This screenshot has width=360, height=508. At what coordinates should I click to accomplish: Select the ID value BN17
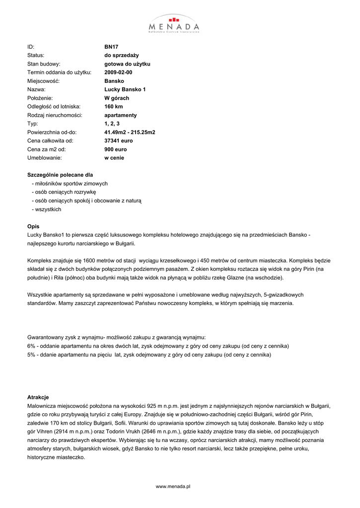(x=111, y=47)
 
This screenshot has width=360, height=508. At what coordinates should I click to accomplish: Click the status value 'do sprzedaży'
(x=121, y=55)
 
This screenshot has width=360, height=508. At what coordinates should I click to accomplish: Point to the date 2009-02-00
(x=118, y=72)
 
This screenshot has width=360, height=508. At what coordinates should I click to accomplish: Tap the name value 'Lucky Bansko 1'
(x=125, y=89)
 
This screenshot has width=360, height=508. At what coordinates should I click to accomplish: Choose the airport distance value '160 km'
(x=113, y=107)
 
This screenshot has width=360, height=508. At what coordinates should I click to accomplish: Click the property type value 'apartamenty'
(x=121, y=115)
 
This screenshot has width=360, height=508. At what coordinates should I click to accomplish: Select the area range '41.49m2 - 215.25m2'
(x=130, y=132)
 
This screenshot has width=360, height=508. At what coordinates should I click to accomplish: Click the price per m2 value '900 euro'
(x=115, y=149)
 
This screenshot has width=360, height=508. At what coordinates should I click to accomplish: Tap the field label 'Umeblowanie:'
(x=44, y=158)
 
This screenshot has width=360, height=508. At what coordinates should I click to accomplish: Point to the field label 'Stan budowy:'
(x=44, y=64)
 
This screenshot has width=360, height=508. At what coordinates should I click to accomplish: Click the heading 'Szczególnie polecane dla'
(x=60, y=175)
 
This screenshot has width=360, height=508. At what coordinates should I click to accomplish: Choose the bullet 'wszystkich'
(x=48, y=209)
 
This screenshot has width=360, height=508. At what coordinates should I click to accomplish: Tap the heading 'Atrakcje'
(x=38, y=397)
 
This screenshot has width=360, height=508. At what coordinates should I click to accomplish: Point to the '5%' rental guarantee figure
(x=31, y=355)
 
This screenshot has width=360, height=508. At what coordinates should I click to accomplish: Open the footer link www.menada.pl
(x=173, y=487)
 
